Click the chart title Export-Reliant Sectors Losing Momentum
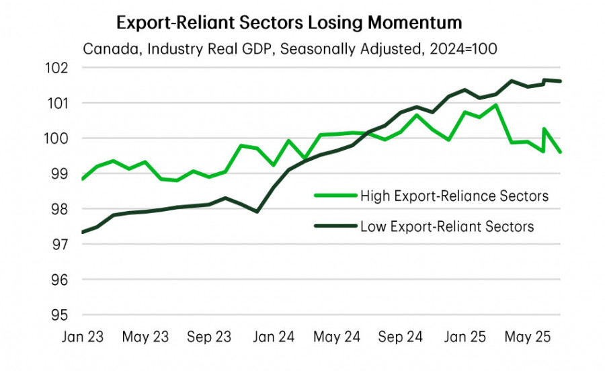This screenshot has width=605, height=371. [289, 22]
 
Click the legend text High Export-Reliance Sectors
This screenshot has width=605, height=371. [454, 196]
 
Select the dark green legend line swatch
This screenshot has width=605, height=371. [334, 226]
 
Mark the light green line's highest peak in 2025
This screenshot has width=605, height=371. [495, 105]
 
